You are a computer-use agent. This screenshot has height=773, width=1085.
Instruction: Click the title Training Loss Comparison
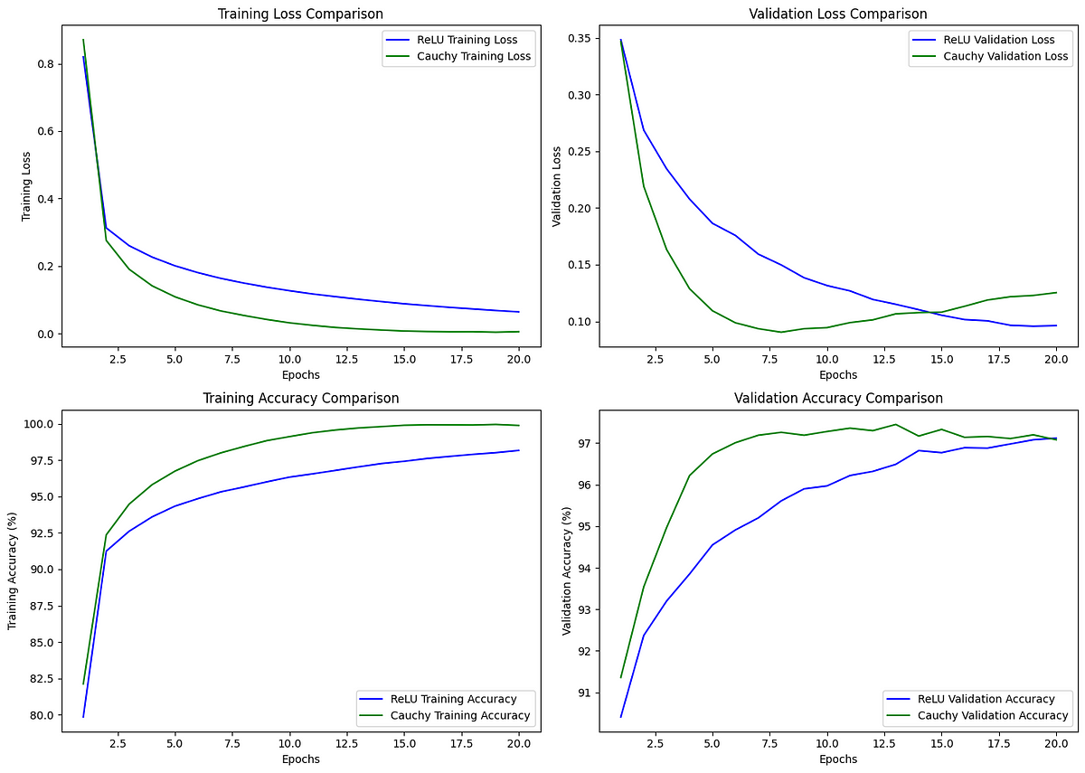300,14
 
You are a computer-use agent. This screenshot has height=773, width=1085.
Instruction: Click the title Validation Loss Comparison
838,14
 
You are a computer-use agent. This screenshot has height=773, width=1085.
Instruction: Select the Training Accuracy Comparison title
300,398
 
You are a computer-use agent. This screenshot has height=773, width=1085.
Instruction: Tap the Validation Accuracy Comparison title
838,398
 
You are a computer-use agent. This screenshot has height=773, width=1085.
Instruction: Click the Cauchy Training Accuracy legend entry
460,715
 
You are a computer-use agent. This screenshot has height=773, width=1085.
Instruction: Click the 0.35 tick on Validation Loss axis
580,39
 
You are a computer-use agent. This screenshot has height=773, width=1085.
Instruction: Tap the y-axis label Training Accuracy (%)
13,571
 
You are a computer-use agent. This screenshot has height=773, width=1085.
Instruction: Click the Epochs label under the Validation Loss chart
838,374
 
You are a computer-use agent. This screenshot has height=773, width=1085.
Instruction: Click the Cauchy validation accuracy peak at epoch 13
895,424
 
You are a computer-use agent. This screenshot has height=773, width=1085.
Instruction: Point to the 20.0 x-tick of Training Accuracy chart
517,742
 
